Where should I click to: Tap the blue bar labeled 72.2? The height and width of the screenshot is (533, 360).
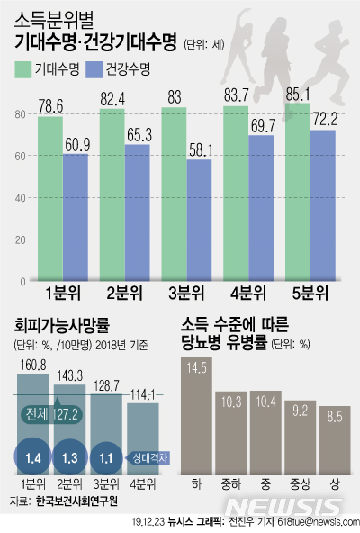click(323, 207)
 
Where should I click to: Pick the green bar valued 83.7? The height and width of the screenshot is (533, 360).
click(236, 194)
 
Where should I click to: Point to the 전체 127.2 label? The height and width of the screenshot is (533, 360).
click(54, 416)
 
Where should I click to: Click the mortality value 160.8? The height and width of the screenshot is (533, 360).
click(31, 366)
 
